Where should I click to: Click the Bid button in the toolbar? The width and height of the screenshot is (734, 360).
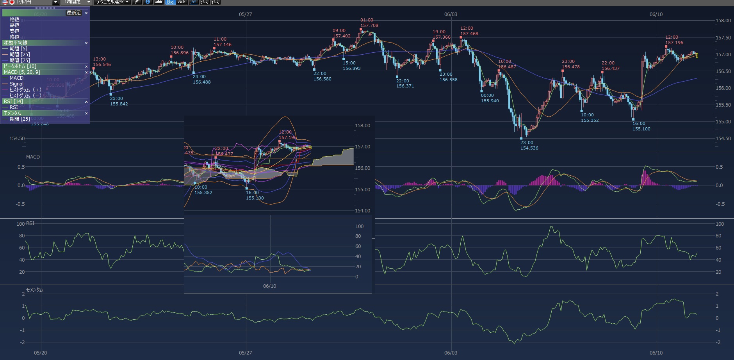170,2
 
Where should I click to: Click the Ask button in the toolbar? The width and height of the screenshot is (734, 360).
182,2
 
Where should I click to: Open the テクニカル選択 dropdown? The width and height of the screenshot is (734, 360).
113,2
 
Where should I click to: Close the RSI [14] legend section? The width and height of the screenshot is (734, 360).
86,102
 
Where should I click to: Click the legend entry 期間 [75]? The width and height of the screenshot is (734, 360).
20,61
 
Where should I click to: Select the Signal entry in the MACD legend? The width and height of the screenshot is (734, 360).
16,84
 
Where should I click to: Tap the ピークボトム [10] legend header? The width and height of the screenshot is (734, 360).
20,66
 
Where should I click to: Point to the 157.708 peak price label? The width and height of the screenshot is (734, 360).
369,26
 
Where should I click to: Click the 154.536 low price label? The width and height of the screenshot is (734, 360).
529,148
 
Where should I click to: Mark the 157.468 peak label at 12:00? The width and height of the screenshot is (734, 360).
469,34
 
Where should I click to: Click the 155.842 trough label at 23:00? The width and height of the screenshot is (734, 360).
119,104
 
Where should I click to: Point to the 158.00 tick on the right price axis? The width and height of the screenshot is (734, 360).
723,21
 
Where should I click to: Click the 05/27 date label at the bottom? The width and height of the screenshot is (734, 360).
245,353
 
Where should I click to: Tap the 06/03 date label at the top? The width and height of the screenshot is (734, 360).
451,14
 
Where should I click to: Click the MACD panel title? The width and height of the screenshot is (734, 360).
33,157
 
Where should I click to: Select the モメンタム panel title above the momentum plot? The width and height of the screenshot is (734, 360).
34,290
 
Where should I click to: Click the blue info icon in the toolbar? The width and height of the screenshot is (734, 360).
148,2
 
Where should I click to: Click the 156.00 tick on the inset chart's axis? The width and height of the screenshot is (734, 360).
362,168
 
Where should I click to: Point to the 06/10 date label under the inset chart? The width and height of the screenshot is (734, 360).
269,286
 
